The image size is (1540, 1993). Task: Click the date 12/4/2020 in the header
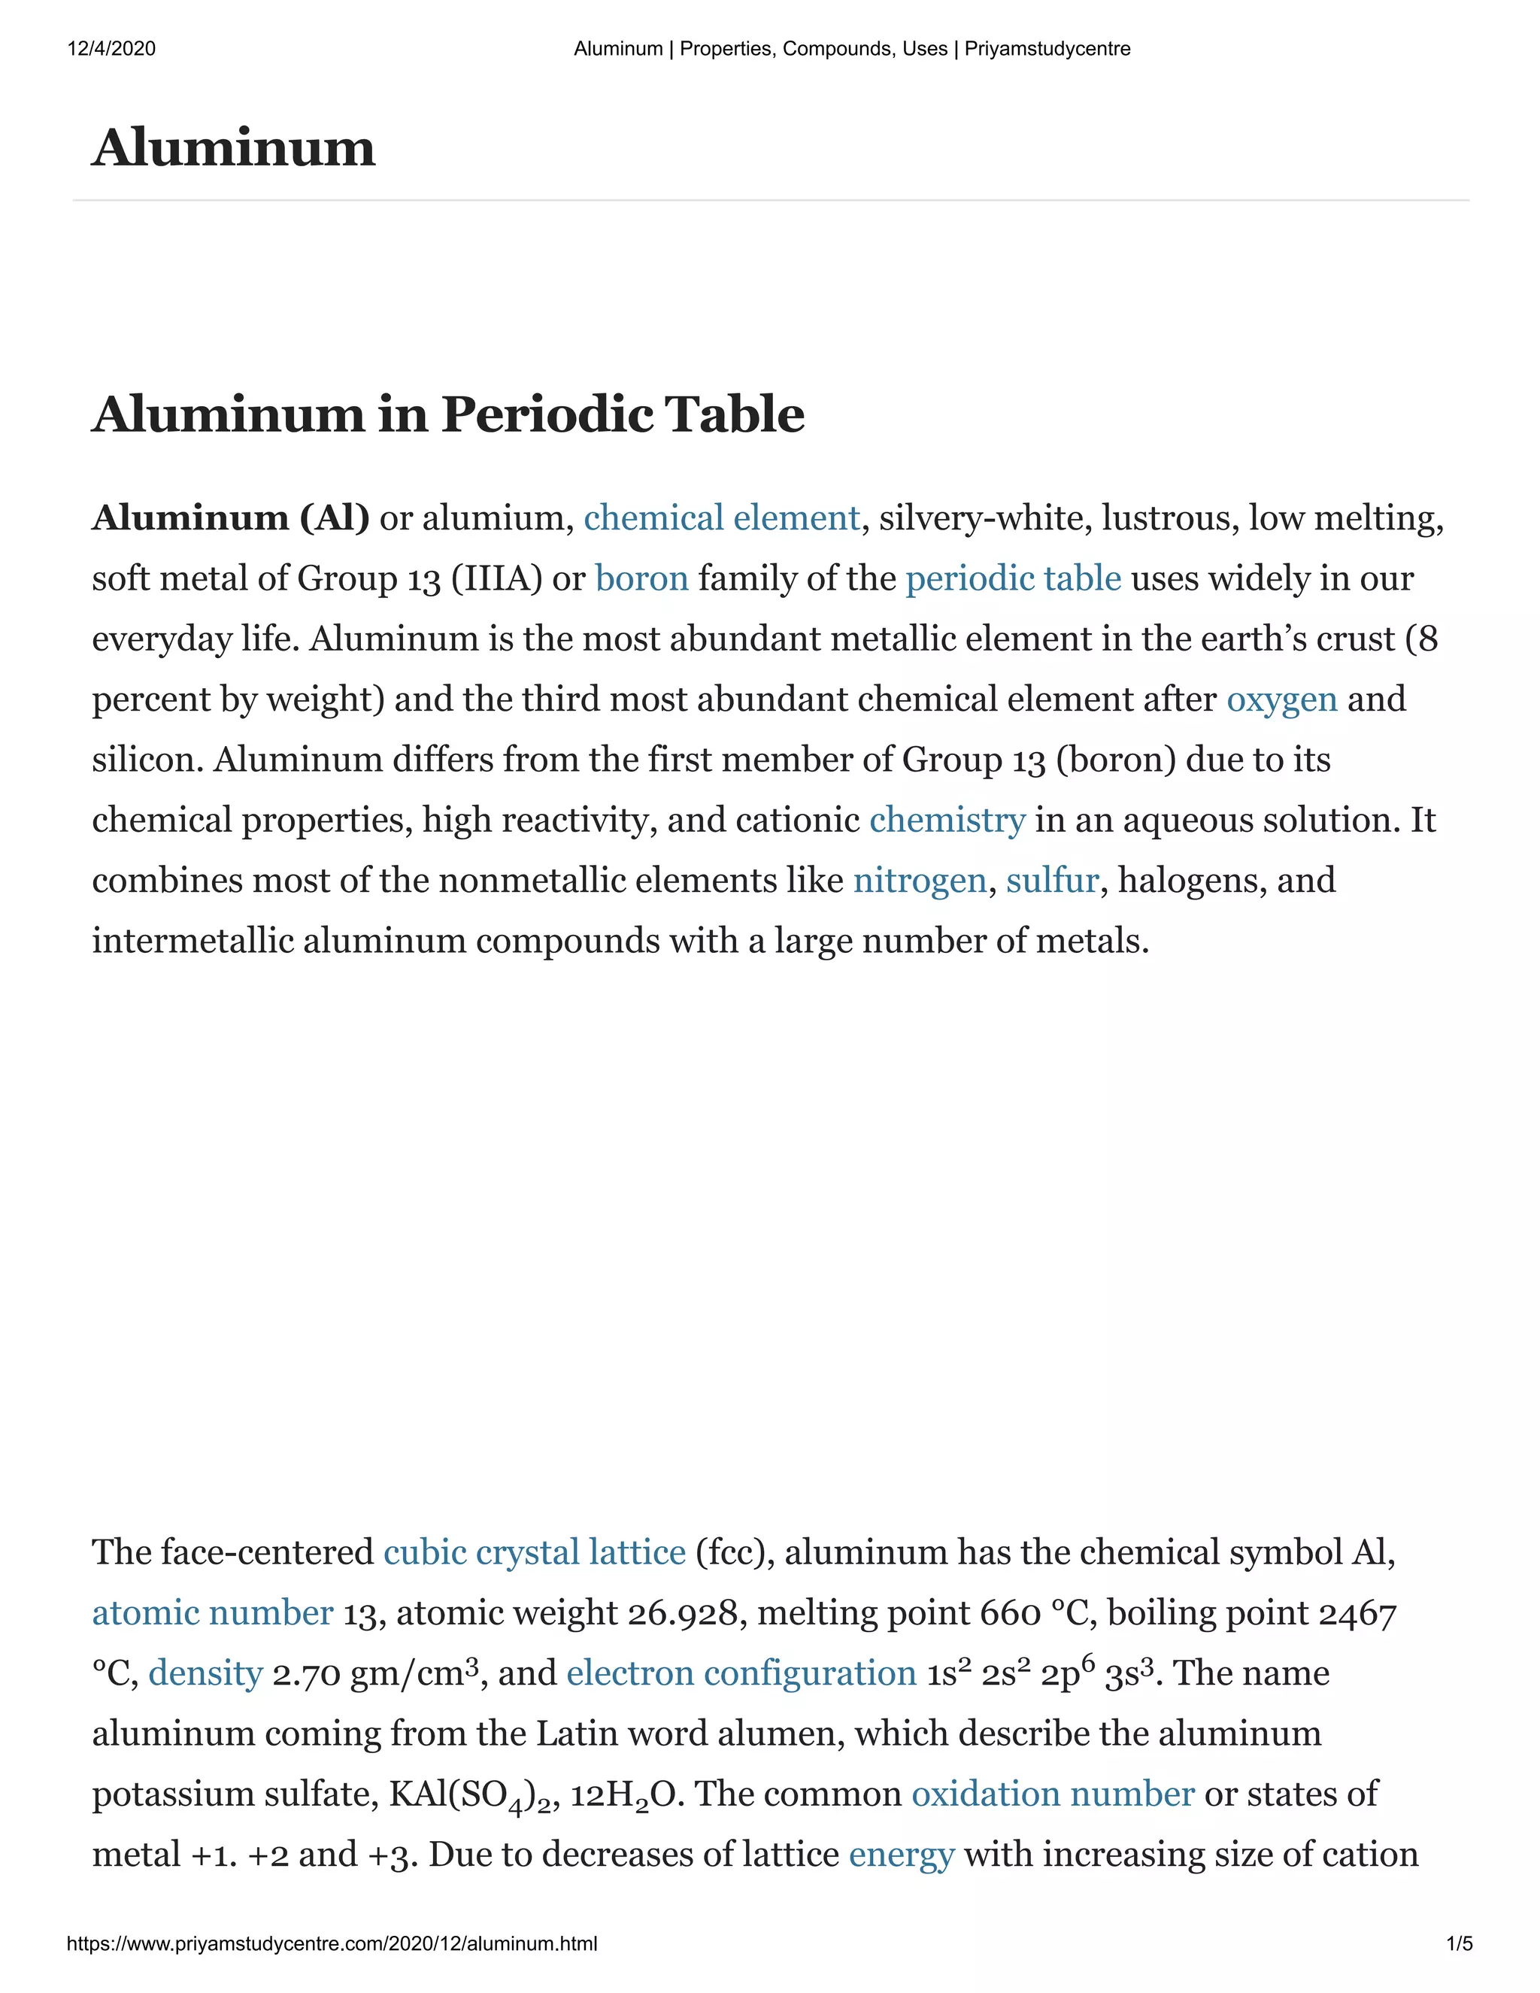(111, 48)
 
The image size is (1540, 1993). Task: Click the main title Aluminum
(234, 148)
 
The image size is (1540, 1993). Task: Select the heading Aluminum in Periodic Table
(448, 414)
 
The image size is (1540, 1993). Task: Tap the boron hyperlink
(641, 578)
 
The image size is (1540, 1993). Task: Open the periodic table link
(1013, 578)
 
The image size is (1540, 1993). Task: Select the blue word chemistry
(947, 820)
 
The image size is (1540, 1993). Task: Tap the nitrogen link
(920, 881)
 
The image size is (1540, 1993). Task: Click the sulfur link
(1052, 881)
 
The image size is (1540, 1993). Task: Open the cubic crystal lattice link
(535, 1552)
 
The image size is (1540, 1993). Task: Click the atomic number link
(213, 1612)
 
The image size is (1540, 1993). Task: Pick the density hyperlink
(205, 1673)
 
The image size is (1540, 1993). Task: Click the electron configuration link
(741, 1673)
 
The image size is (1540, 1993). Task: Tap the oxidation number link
(1053, 1794)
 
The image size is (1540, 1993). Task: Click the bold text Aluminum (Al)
(231, 518)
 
